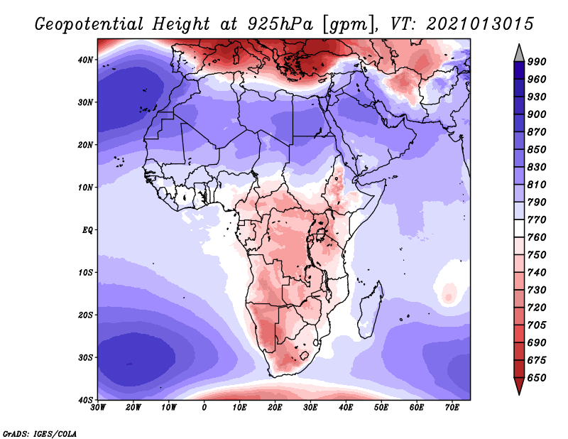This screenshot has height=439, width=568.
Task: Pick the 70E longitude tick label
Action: (x=452, y=407)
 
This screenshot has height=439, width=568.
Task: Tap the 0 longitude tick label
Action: (x=204, y=407)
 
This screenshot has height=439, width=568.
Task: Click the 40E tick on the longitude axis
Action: (x=346, y=407)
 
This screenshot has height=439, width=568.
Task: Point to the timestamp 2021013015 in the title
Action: (x=480, y=23)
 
